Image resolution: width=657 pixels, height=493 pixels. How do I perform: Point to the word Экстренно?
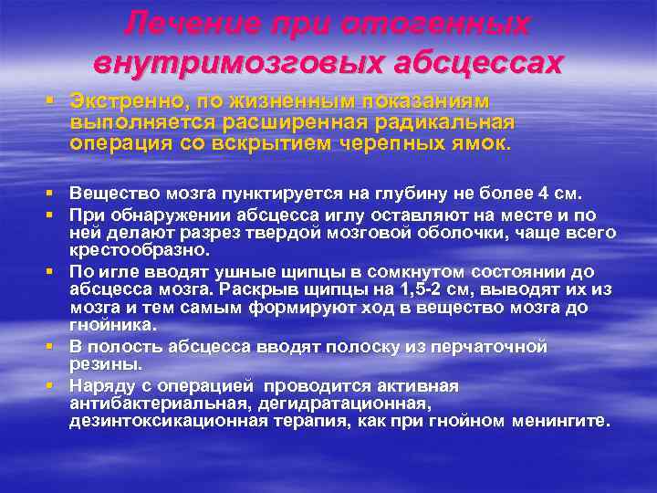tap(121, 100)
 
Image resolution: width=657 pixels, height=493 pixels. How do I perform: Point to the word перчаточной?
tap(493, 346)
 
